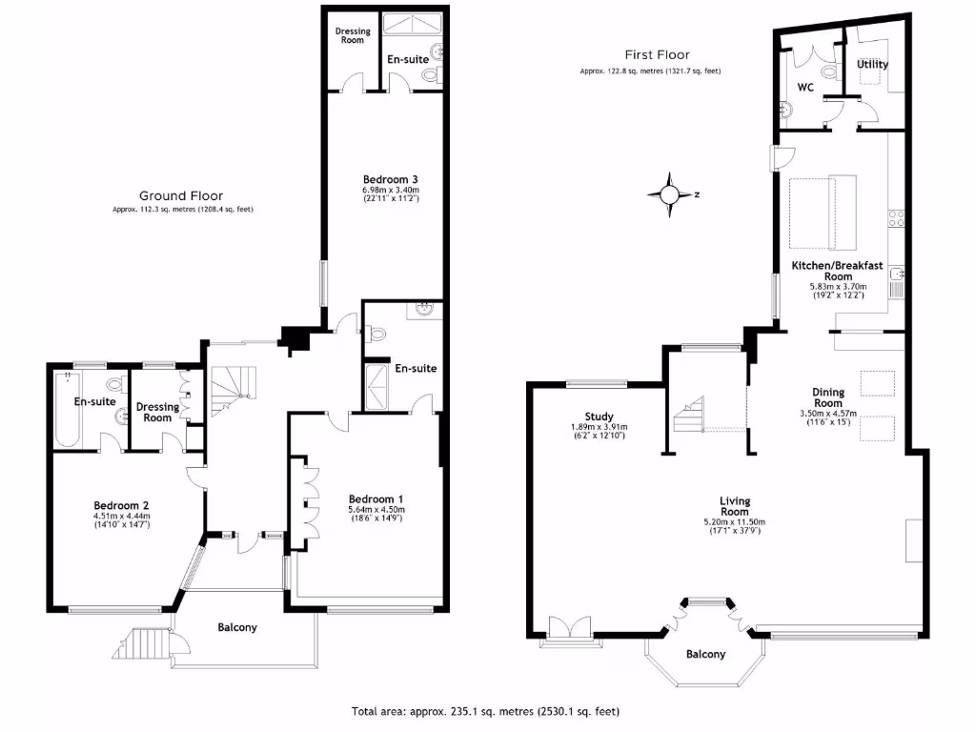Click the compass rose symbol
click(x=670, y=194)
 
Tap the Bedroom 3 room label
click(x=391, y=179)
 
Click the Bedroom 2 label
click(x=122, y=505)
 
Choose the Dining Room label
click(x=828, y=397)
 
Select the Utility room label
click(x=872, y=65)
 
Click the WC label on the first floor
click(x=805, y=88)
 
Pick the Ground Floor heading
click(x=182, y=196)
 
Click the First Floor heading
click(x=657, y=55)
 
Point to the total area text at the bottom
click(x=486, y=711)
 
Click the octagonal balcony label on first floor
click(x=705, y=654)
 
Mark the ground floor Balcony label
click(x=237, y=627)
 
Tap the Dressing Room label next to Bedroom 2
click(x=157, y=413)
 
